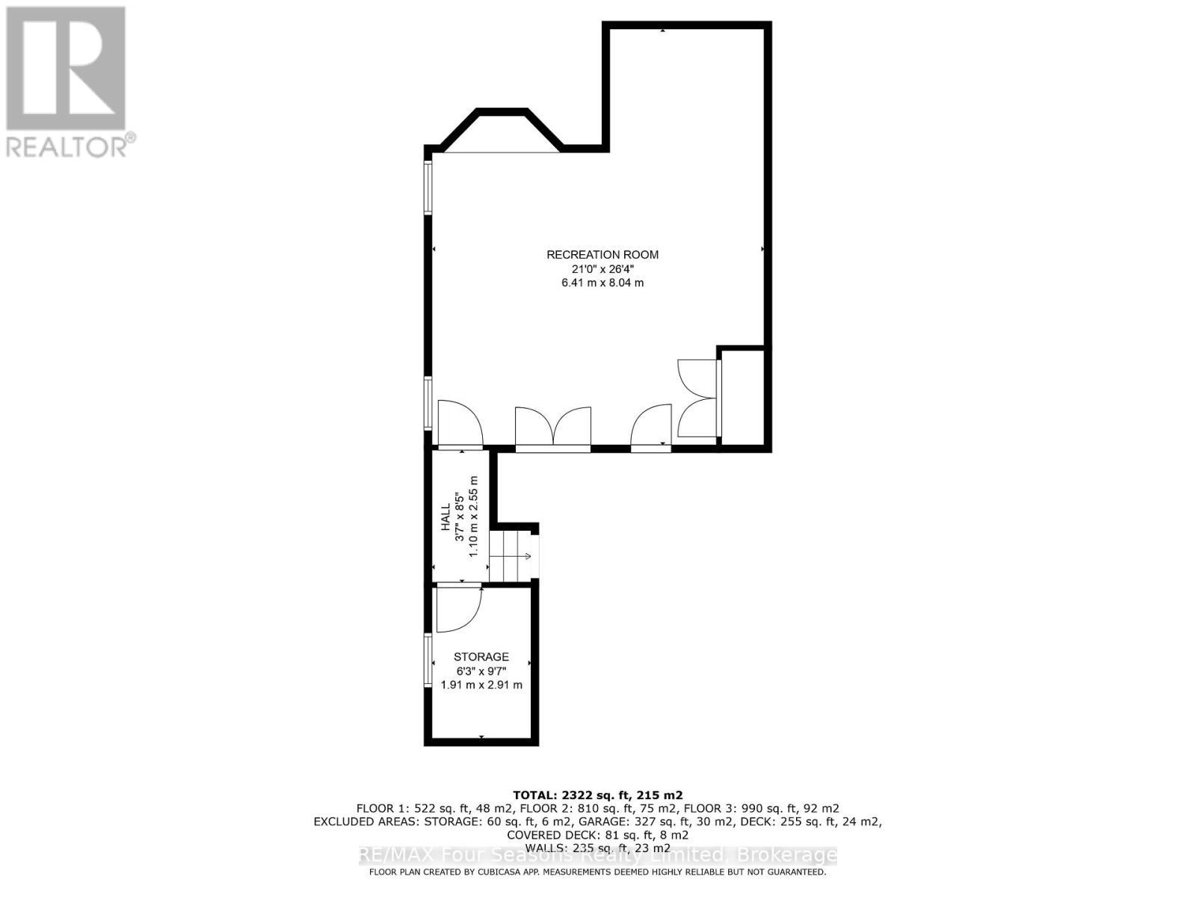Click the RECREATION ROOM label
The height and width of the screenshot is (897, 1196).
pyautogui.click(x=602, y=254)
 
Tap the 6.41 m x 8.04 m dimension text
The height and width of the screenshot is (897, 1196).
pyautogui.click(x=602, y=283)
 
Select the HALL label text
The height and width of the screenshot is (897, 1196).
pyautogui.click(x=446, y=517)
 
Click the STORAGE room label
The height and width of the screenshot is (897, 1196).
pyautogui.click(x=481, y=657)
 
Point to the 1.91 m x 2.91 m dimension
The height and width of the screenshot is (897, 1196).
pyautogui.click(x=481, y=685)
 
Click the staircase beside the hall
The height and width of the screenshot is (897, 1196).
pyautogui.click(x=511, y=556)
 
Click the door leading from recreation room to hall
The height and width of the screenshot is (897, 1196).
pyautogui.click(x=459, y=425)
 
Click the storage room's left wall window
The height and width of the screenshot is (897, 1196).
pyautogui.click(x=428, y=662)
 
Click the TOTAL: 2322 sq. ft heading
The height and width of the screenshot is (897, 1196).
pyautogui.click(x=597, y=795)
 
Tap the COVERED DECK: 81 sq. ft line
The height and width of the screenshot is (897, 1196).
pyautogui.click(x=597, y=835)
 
